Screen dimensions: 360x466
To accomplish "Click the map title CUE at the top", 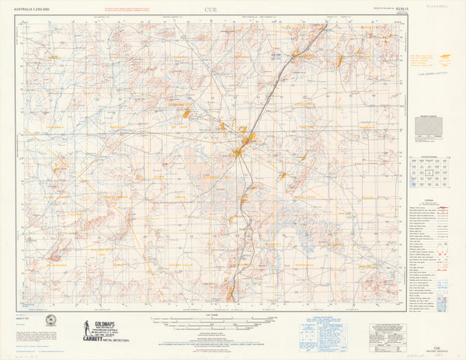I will pyautogui.click(x=211, y=9).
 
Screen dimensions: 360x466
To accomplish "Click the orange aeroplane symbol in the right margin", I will pyautogui.click(x=446, y=57).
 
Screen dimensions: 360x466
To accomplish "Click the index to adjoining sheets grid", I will pyautogui.click(x=426, y=173).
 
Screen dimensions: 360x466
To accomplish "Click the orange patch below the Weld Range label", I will pyautogui.click(x=186, y=114).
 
